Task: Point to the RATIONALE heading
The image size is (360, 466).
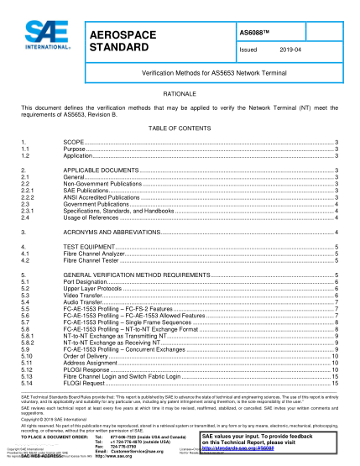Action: [180, 95]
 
